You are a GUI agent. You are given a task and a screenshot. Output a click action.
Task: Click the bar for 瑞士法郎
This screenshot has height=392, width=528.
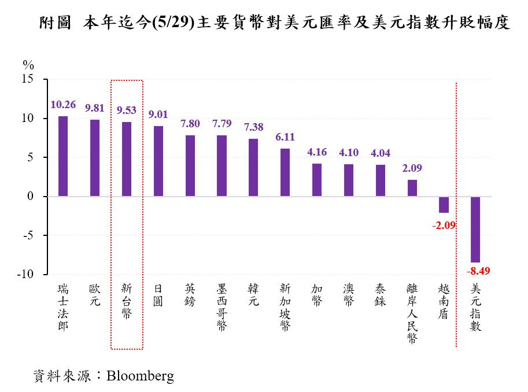tap(63, 156)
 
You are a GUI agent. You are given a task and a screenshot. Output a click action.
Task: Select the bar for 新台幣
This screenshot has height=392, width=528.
tap(127, 159)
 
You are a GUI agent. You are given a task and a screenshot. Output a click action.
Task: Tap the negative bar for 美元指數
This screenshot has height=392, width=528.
tap(475, 230)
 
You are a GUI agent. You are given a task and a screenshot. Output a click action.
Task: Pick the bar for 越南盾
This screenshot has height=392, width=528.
tap(444, 205)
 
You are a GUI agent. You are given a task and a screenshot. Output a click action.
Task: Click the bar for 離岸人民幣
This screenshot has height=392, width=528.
tap(412, 188)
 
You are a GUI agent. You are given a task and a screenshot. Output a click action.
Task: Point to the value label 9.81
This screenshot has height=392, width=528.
tap(95, 108)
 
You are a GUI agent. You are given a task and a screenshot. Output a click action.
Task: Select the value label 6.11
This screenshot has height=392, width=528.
tap(285, 137)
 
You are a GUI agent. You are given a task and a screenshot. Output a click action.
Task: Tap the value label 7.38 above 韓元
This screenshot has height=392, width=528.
tap(253, 127)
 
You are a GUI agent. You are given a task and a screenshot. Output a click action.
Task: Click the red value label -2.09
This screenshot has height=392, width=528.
tap(444, 225)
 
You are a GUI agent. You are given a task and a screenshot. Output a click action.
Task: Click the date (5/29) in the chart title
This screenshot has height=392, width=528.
tap(176, 23)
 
